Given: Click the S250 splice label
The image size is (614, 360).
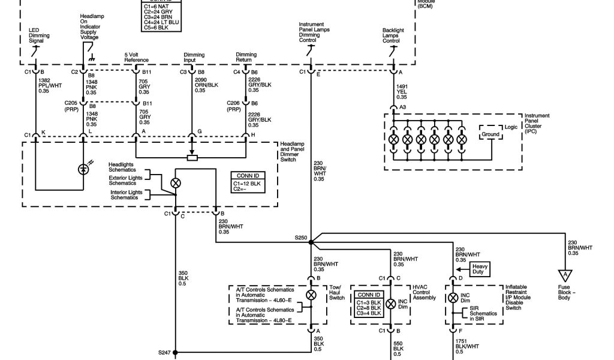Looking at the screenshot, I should (x=301, y=238).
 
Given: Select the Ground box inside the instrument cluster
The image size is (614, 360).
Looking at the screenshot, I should (x=490, y=134).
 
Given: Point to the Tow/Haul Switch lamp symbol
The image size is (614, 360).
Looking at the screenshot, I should (x=311, y=295).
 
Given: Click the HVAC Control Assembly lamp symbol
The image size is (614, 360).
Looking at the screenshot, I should (x=391, y=304).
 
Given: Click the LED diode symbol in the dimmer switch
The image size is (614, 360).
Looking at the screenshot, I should (x=84, y=169).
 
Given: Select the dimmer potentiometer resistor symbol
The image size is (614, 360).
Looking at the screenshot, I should (x=192, y=158).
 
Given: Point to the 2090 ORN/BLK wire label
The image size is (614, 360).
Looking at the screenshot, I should (x=201, y=85).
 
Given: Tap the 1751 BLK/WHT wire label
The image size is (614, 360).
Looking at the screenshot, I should (x=466, y=346).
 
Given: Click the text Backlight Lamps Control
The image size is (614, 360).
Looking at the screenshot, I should (x=393, y=35).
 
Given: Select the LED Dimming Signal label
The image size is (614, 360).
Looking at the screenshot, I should (x=40, y=35).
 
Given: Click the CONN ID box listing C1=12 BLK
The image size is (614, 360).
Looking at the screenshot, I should (x=246, y=181).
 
